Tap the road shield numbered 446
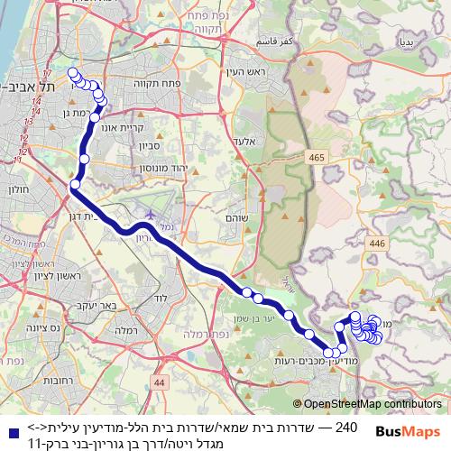[374, 244]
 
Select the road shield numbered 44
[160, 382]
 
